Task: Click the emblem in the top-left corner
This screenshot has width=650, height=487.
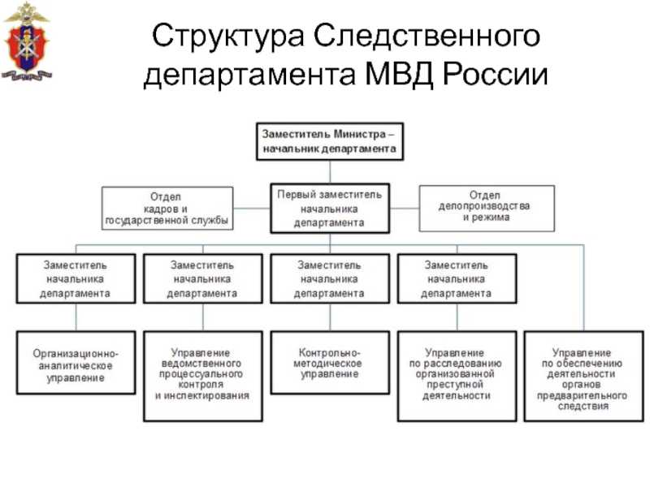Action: pos(28,41)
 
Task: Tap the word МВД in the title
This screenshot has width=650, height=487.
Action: pos(399,75)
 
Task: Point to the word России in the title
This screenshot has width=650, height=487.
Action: pos(496,75)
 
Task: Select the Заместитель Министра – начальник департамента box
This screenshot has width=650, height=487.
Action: pos(330,141)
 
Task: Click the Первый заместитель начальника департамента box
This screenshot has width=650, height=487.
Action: pos(330,209)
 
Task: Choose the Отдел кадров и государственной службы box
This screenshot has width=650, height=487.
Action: pos(167,209)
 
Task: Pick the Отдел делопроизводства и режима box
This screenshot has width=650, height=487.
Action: pos(487,209)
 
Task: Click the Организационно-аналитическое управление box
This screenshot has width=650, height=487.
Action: pos(76,362)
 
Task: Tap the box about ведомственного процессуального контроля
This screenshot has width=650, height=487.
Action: pos(202,376)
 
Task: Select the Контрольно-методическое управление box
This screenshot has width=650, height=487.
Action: pos(330,362)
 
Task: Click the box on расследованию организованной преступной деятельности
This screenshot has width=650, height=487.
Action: pos(457,376)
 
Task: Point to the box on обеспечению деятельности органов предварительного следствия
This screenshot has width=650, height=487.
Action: pos(583,376)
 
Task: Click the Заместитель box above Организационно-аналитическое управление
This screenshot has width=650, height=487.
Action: pos(76,278)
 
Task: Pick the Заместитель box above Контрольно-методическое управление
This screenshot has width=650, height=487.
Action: pos(330,278)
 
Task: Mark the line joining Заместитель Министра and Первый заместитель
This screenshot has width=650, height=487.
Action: pos(330,172)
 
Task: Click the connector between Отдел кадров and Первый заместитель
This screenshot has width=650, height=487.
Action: pos(252,208)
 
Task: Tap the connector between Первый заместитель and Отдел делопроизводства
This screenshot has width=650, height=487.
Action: pos(404,208)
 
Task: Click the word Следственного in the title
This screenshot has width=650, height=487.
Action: pos(427,37)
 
